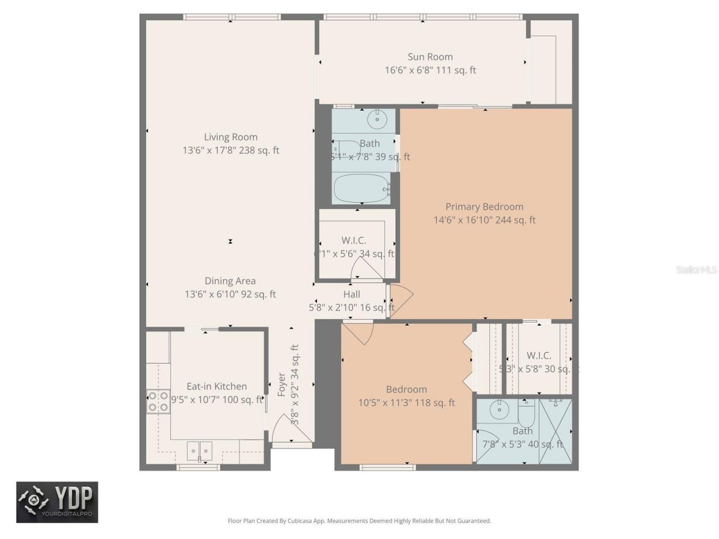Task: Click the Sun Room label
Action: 430,57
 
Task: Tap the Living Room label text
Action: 231,137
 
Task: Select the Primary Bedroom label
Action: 484,207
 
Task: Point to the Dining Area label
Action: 230,281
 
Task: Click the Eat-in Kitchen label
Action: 217,386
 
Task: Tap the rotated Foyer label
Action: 282,385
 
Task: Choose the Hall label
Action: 352,294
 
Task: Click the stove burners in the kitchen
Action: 158,401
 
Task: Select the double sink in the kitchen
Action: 199,450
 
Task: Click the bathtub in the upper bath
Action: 362,188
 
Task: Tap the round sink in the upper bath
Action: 377,119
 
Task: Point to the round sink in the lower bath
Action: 499,410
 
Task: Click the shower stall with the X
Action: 555,431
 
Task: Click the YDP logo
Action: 57,502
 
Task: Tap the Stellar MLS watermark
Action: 697,270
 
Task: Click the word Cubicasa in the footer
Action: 301,521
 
